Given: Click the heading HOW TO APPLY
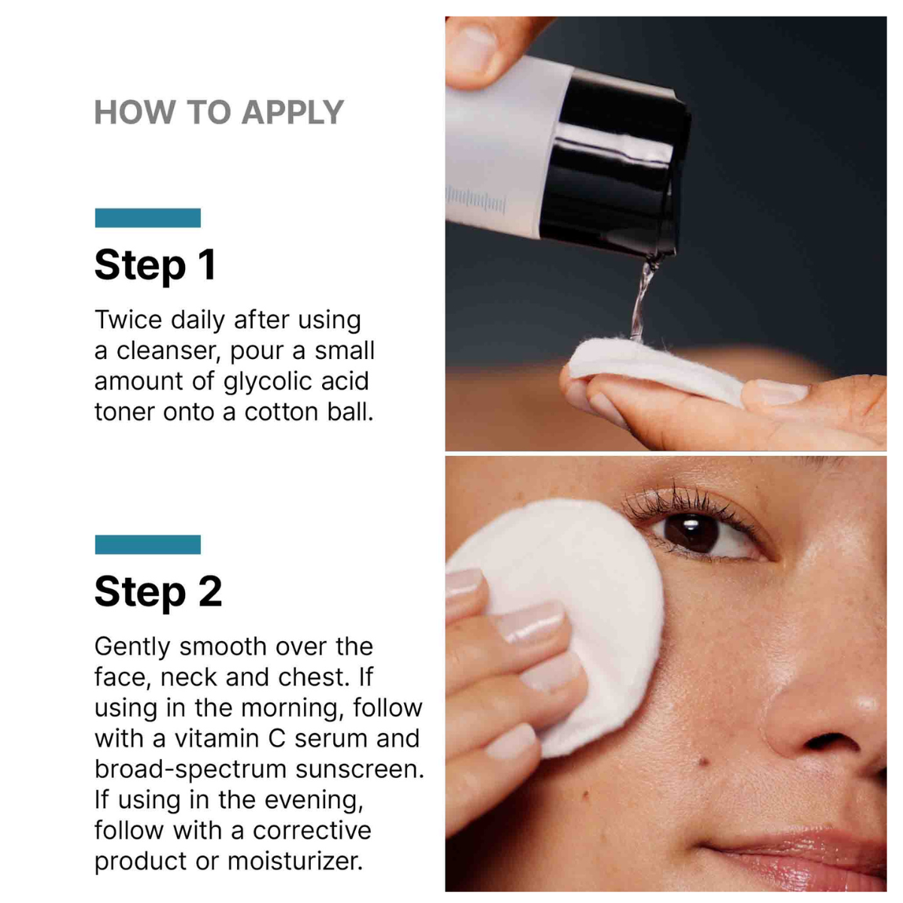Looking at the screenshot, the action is [x=219, y=112].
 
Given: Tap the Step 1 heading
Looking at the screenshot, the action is [x=155, y=265].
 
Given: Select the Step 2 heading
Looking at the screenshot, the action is [x=158, y=591].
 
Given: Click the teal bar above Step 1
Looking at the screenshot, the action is [x=147, y=218].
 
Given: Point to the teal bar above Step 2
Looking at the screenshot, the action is [x=147, y=545].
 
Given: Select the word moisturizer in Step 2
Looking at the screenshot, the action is [x=295, y=862].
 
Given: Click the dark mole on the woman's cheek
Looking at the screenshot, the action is [x=702, y=763].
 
